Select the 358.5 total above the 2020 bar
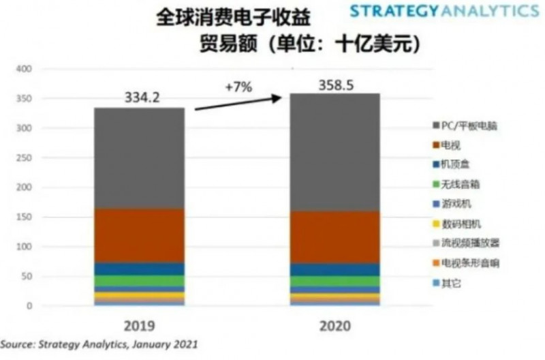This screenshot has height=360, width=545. click(336, 85)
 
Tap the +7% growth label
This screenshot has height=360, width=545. click(238, 88)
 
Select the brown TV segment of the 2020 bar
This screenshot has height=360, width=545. click(334, 237)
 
